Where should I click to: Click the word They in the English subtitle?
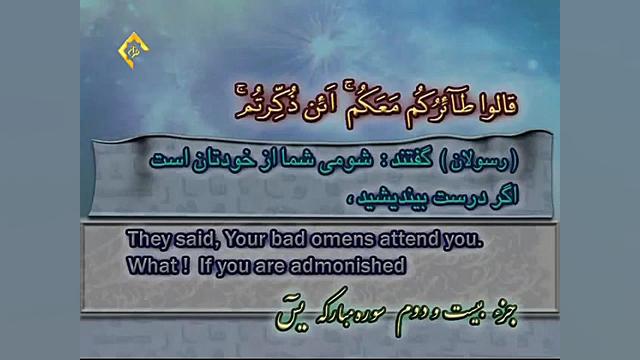[x=147, y=241]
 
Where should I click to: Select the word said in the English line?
[x=196, y=241]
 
